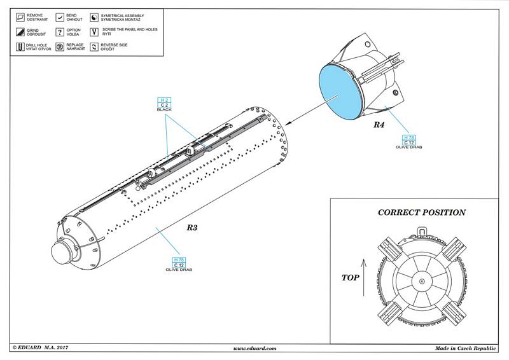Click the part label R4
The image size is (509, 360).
coord(379,125)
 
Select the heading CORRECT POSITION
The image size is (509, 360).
coord(422,212)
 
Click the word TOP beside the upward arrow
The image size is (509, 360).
coord(351,277)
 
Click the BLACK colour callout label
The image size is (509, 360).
coord(164,110)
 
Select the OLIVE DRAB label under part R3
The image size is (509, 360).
coord(179,270)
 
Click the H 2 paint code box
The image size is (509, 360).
coord(164,100)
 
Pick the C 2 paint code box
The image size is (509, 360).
coord(164,105)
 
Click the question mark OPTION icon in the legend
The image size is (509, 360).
coord(60,31)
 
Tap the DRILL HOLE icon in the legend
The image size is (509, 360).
coord(20,47)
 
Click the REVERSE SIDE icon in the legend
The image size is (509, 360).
coord(95,47)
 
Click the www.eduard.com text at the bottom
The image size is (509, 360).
coord(254,348)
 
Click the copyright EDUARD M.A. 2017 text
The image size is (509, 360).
coord(40,348)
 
